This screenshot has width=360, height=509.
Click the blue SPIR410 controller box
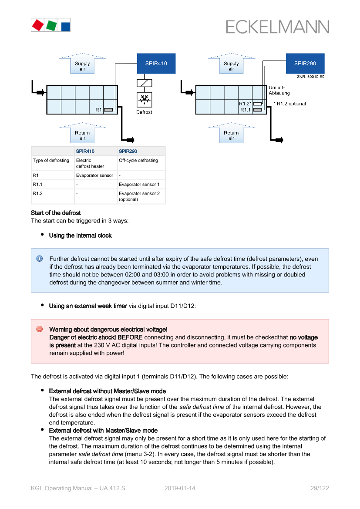[x=156, y=64]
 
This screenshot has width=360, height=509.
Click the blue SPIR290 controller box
[x=305, y=64]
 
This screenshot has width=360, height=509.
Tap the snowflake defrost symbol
[x=144, y=100]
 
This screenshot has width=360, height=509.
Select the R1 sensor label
[x=98, y=110]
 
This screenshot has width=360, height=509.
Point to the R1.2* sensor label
[x=245, y=104]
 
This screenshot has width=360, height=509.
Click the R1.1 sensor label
[x=246, y=110]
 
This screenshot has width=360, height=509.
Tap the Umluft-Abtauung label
[x=279, y=90]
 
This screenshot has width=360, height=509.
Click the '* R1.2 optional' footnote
[x=289, y=104]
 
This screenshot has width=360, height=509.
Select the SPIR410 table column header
[x=85, y=152]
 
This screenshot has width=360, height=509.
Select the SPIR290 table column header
[x=128, y=152]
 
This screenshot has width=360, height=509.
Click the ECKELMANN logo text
[x=277, y=27]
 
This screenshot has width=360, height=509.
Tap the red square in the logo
[x=38, y=25]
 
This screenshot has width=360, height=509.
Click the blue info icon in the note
[x=39, y=258]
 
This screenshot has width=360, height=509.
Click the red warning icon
[x=39, y=329]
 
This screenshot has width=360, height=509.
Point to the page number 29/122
[x=320, y=488]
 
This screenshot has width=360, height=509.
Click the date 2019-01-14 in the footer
[x=180, y=488]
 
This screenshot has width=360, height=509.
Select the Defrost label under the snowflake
[x=144, y=112]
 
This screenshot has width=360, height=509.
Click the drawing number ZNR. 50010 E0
[x=310, y=77]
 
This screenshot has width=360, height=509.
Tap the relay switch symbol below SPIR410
[x=144, y=83]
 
